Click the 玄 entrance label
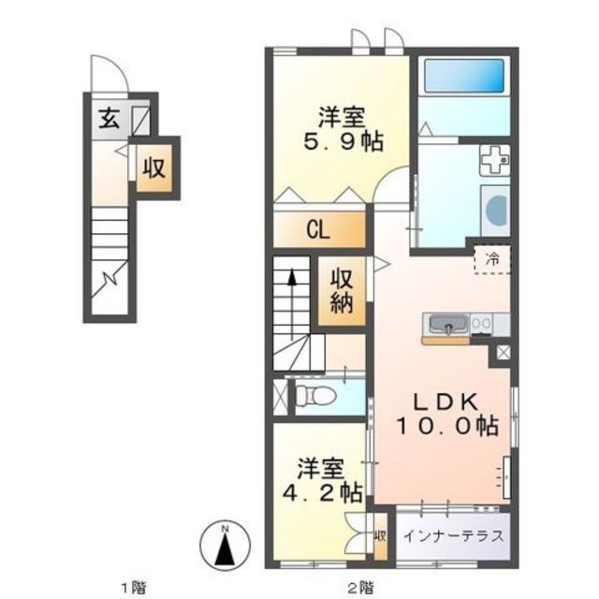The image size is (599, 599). [109, 119]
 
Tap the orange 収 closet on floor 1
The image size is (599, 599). [155, 168]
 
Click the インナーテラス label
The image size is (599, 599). [454, 537]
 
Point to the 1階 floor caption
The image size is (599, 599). [132, 587]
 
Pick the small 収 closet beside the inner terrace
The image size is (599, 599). [381, 537]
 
